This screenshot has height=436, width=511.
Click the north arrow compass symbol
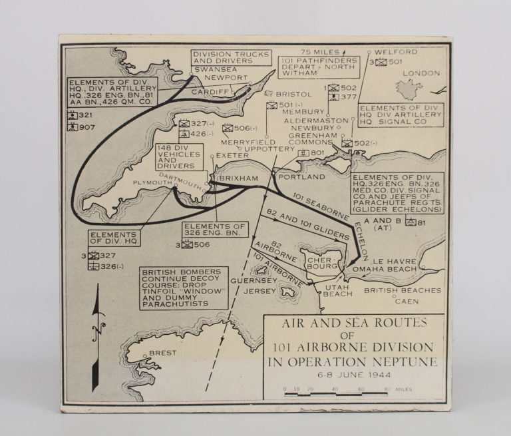pyautogui.click(x=96, y=324)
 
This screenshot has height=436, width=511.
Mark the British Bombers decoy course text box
pyautogui.click(x=184, y=288)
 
